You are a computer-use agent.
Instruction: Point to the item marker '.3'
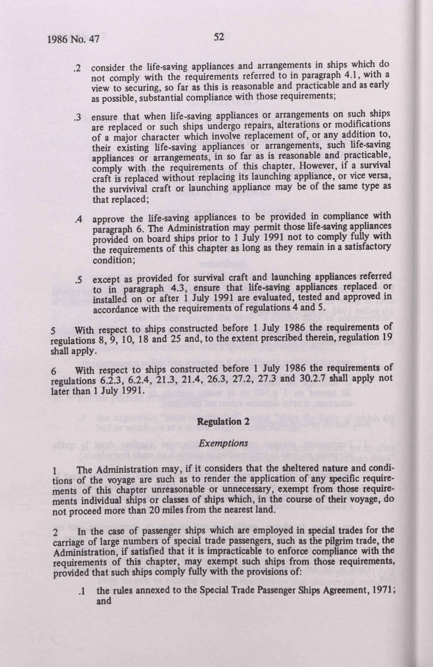tap(78, 118)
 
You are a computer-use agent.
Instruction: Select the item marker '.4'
tap(79, 220)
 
